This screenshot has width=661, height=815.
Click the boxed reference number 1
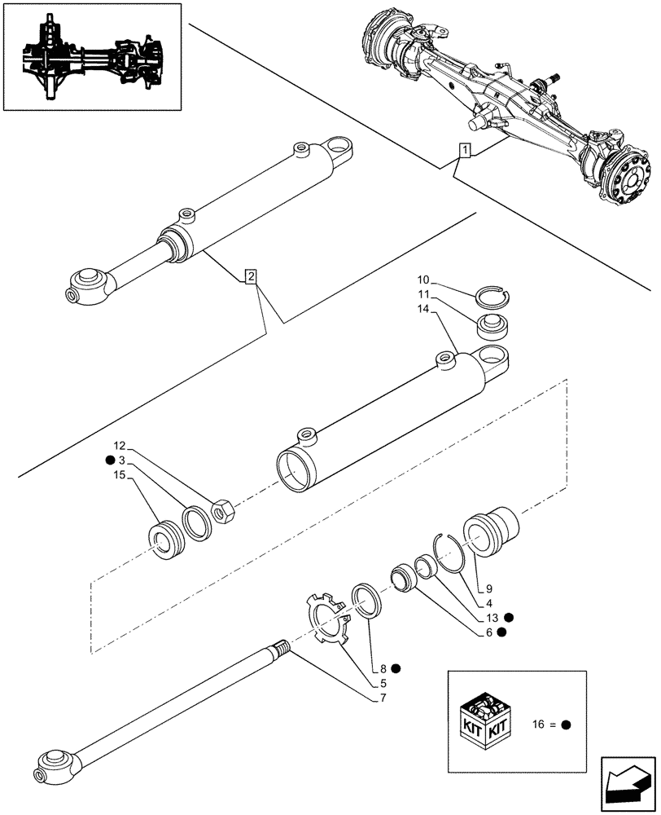[x=464, y=150]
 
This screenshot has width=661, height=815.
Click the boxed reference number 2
[x=252, y=277]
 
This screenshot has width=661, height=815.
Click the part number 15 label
[x=120, y=475]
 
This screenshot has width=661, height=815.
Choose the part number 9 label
[x=489, y=588]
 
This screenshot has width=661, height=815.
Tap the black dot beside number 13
[x=508, y=617]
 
